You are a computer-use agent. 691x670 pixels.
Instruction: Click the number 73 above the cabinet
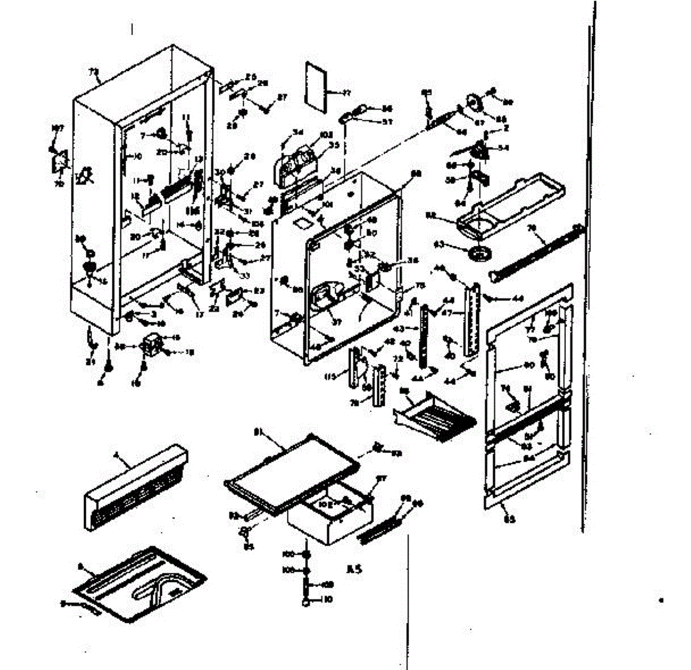(x=94, y=72)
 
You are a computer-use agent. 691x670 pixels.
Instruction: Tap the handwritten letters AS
(x=352, y=570)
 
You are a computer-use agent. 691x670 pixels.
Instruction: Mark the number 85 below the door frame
(x=510, y=519)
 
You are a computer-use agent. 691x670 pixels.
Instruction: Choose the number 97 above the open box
(x=381, y=479)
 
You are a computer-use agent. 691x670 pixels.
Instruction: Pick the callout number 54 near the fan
(x=504, y=148)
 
